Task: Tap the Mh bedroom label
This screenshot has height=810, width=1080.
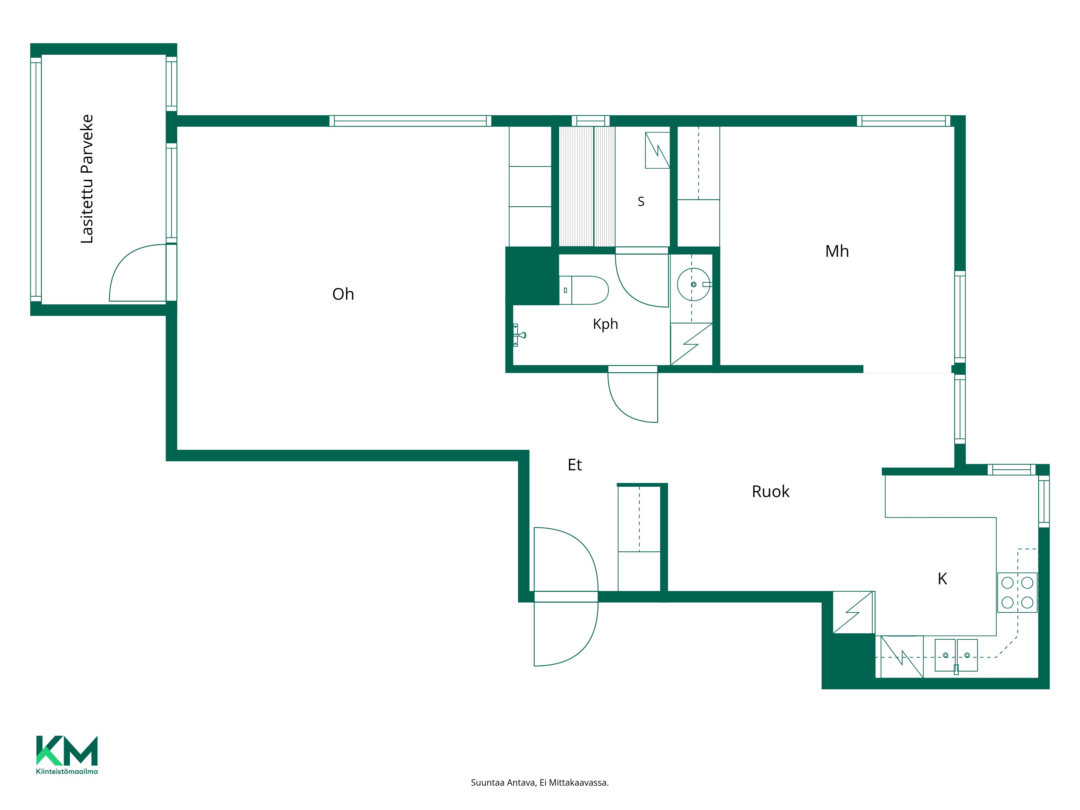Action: (x=837, y=251)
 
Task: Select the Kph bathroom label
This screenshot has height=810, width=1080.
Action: (x=605, y=324)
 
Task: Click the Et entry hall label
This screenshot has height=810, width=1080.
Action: (x=575, y=465)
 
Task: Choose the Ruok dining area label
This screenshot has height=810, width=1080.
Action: (x=771, y=492)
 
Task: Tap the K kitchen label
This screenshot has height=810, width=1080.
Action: (x=942, y=579)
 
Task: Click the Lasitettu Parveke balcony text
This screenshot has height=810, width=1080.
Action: (x=87, y=179)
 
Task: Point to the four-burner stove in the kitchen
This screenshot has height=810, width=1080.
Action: (x=1017, y=592)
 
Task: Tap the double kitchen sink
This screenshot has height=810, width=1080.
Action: (x=956, y=655)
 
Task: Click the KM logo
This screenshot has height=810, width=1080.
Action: (x=67, y=750)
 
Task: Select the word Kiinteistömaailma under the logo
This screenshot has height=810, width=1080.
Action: (x=67, y=771)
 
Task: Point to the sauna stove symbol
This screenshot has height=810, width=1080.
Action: (x=657, y=150)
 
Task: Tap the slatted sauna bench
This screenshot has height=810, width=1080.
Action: (x=587, y=187)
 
